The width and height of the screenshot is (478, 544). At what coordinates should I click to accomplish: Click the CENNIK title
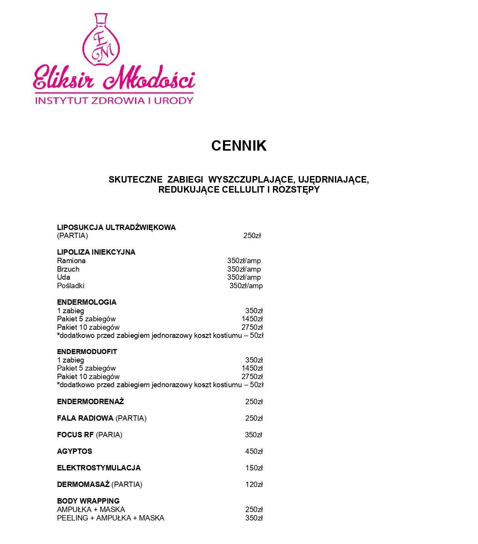coord(239,146)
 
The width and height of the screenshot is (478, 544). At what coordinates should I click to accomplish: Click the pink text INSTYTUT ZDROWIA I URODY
coord(114,101)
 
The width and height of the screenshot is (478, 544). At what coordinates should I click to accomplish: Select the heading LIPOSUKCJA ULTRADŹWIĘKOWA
coord(116,227)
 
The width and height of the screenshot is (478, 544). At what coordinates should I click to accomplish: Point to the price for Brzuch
coord(244,269)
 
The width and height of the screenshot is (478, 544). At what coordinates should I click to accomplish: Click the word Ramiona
coord(71,261)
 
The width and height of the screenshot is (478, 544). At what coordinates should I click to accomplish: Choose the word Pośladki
coord(70,286)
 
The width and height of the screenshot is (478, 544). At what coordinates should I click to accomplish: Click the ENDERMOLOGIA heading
coord(87,302)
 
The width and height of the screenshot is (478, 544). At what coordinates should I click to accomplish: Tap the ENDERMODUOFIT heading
coord(87,352)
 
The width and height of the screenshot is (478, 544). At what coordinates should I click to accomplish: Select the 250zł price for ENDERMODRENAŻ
coord(254,402)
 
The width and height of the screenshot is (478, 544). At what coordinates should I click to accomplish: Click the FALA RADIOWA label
coord(85,418)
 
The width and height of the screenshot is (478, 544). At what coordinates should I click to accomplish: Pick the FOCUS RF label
coord(75,435)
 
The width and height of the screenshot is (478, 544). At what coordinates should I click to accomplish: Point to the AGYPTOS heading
coord(75,452)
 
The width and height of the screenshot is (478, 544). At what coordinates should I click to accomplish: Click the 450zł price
coord(254,452)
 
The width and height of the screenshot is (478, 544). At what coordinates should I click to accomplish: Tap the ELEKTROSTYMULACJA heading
coord(99,468)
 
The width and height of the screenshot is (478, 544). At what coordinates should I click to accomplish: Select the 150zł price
coord(254,468)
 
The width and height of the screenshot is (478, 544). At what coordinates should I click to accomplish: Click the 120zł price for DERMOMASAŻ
coord(254,485)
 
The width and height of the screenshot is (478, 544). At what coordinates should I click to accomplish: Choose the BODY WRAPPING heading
coord(88,501)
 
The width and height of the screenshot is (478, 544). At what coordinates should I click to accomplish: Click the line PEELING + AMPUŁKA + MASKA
coord(111,518)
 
